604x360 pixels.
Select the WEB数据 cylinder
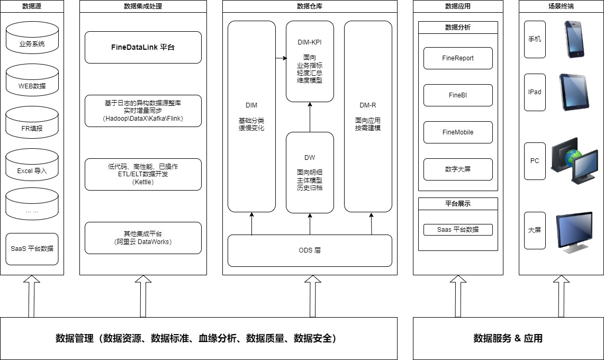pyautogui.click(x=32, y=85)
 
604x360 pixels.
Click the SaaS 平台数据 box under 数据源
pyautogui.click(x=32, y=248)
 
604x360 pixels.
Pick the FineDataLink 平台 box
pyautogui.click(x=143, y=47)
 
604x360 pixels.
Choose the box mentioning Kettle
pyautogui.click(x=143, y=174)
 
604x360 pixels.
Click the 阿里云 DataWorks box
pyautogui.click(x=143, y=238)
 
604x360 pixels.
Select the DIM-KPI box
pyautogui.click(x=310, y=61)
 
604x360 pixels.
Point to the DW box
pyautogui.click(x=310, y=172)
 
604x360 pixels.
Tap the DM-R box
pyautogui.click(x=368, y=116)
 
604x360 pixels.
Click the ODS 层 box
pyautogui.click(x=310, y=250)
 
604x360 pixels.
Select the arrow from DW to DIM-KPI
pyautogui.click(x=310, y=117)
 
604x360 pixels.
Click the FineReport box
pyautogui.click(x=458, y=58)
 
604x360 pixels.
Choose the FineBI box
pyautogui.click(x=458, y=95)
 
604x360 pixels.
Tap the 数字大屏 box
pyautogui.click(x=458, y=169)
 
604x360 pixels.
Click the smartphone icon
pyautogui.click(x=575, y=39)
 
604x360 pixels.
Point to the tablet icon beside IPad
pyautogui.click(x=574, y=92)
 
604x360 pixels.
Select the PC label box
pyautogui.click(x=535, y=161)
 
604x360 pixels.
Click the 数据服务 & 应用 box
pyautogui.click(x=508, y=338)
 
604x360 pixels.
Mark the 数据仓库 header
pyautogui.click(x=310, y=6)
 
